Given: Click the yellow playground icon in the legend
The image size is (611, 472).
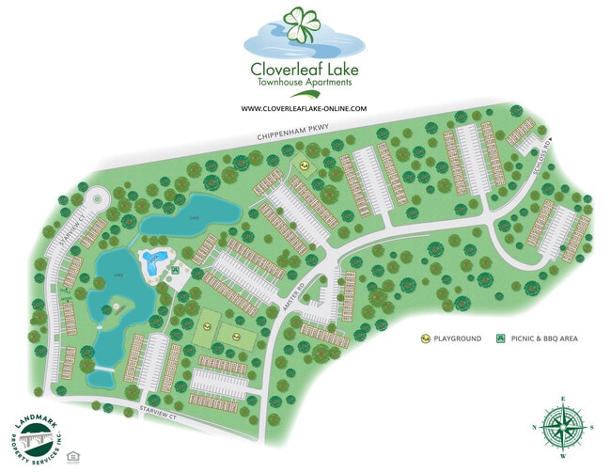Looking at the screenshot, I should [426, 338].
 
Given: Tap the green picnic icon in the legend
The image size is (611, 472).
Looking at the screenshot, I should [501, 338].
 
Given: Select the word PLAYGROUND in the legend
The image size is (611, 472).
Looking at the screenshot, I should [458, 338].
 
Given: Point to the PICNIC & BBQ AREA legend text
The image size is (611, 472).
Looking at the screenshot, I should [542, 338].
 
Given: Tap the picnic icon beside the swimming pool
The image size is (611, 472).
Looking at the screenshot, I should [176, 272].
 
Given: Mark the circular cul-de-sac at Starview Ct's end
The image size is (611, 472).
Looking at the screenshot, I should [95, 198].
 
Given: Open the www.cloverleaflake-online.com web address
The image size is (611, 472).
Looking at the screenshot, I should [304, 109].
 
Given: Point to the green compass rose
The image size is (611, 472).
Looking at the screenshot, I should [561, 429].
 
